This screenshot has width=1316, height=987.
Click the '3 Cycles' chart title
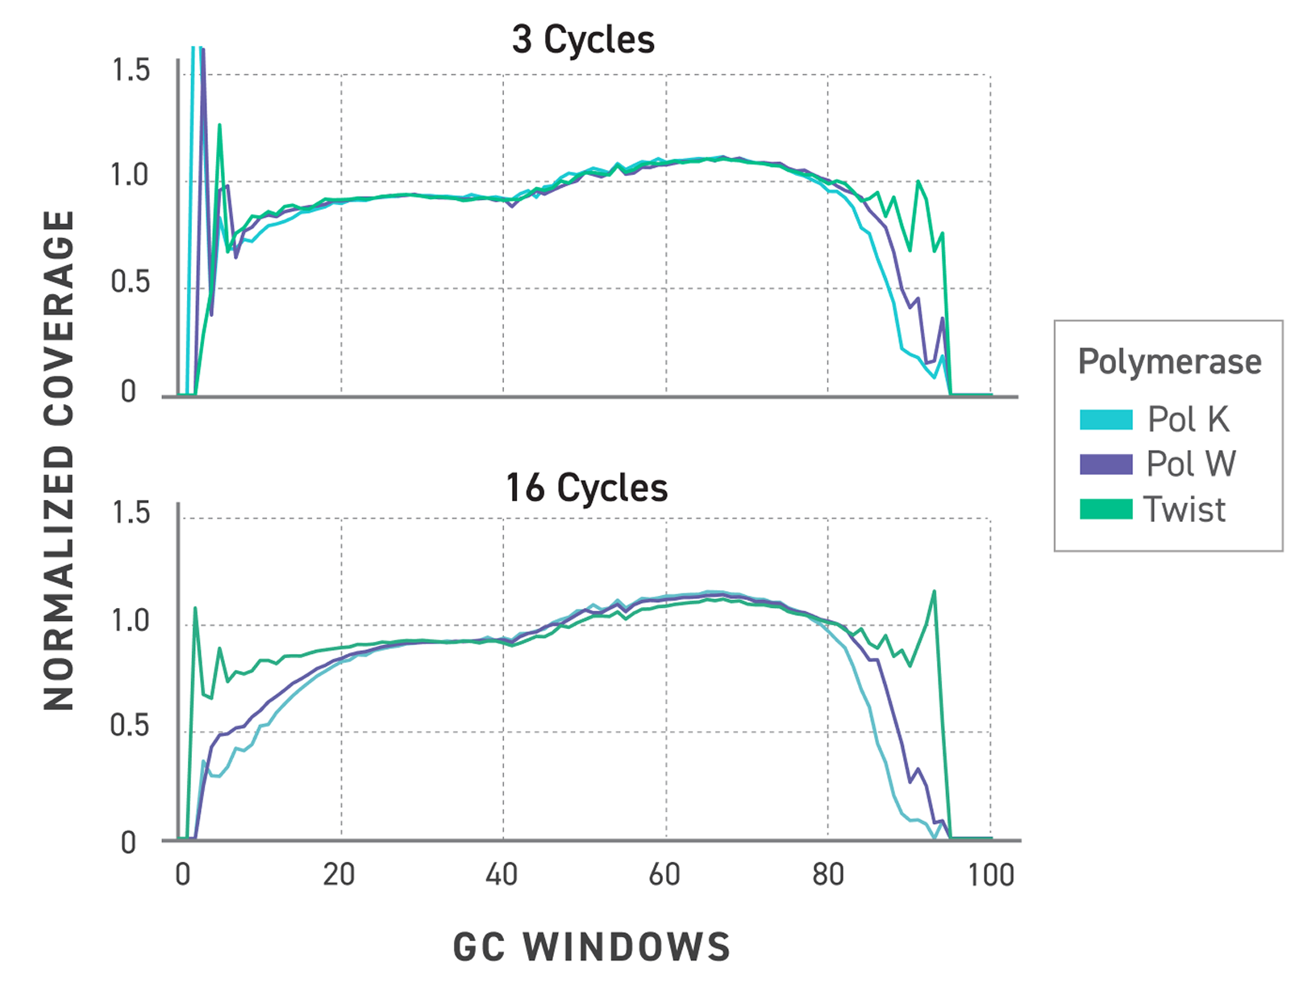pos(583,40)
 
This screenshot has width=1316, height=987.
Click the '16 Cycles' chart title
pos(586,488)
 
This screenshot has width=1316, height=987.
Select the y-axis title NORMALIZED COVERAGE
pos(59,460)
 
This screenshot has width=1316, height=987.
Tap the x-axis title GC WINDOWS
pos(592,947)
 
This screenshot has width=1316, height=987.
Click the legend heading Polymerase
pos(1169,362)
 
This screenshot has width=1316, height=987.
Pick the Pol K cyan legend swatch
pos(1106,419)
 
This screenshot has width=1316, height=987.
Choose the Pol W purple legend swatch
pos(1106,464)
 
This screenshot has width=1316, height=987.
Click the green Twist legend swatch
pos(1106,510)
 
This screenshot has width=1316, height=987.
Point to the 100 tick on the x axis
pos(991,875)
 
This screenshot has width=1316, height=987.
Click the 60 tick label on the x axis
pos(665,875)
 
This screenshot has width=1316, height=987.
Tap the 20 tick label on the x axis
pos(339,875)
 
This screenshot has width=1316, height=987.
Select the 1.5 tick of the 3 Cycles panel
pos(131,71)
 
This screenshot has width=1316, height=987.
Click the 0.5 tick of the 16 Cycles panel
pos(131,726)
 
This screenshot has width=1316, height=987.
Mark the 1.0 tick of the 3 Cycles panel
pos(131,175)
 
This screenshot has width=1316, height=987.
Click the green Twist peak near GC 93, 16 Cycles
pos(934,591)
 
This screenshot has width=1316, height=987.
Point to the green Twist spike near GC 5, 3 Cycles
pos(219,125)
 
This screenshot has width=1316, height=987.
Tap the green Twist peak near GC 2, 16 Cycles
pos(195,608)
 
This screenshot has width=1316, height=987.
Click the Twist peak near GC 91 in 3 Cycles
pos(918,181)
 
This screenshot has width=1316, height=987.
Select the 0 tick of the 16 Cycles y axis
pos(129,843)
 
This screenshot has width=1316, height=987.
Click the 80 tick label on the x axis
pos(828,875)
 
